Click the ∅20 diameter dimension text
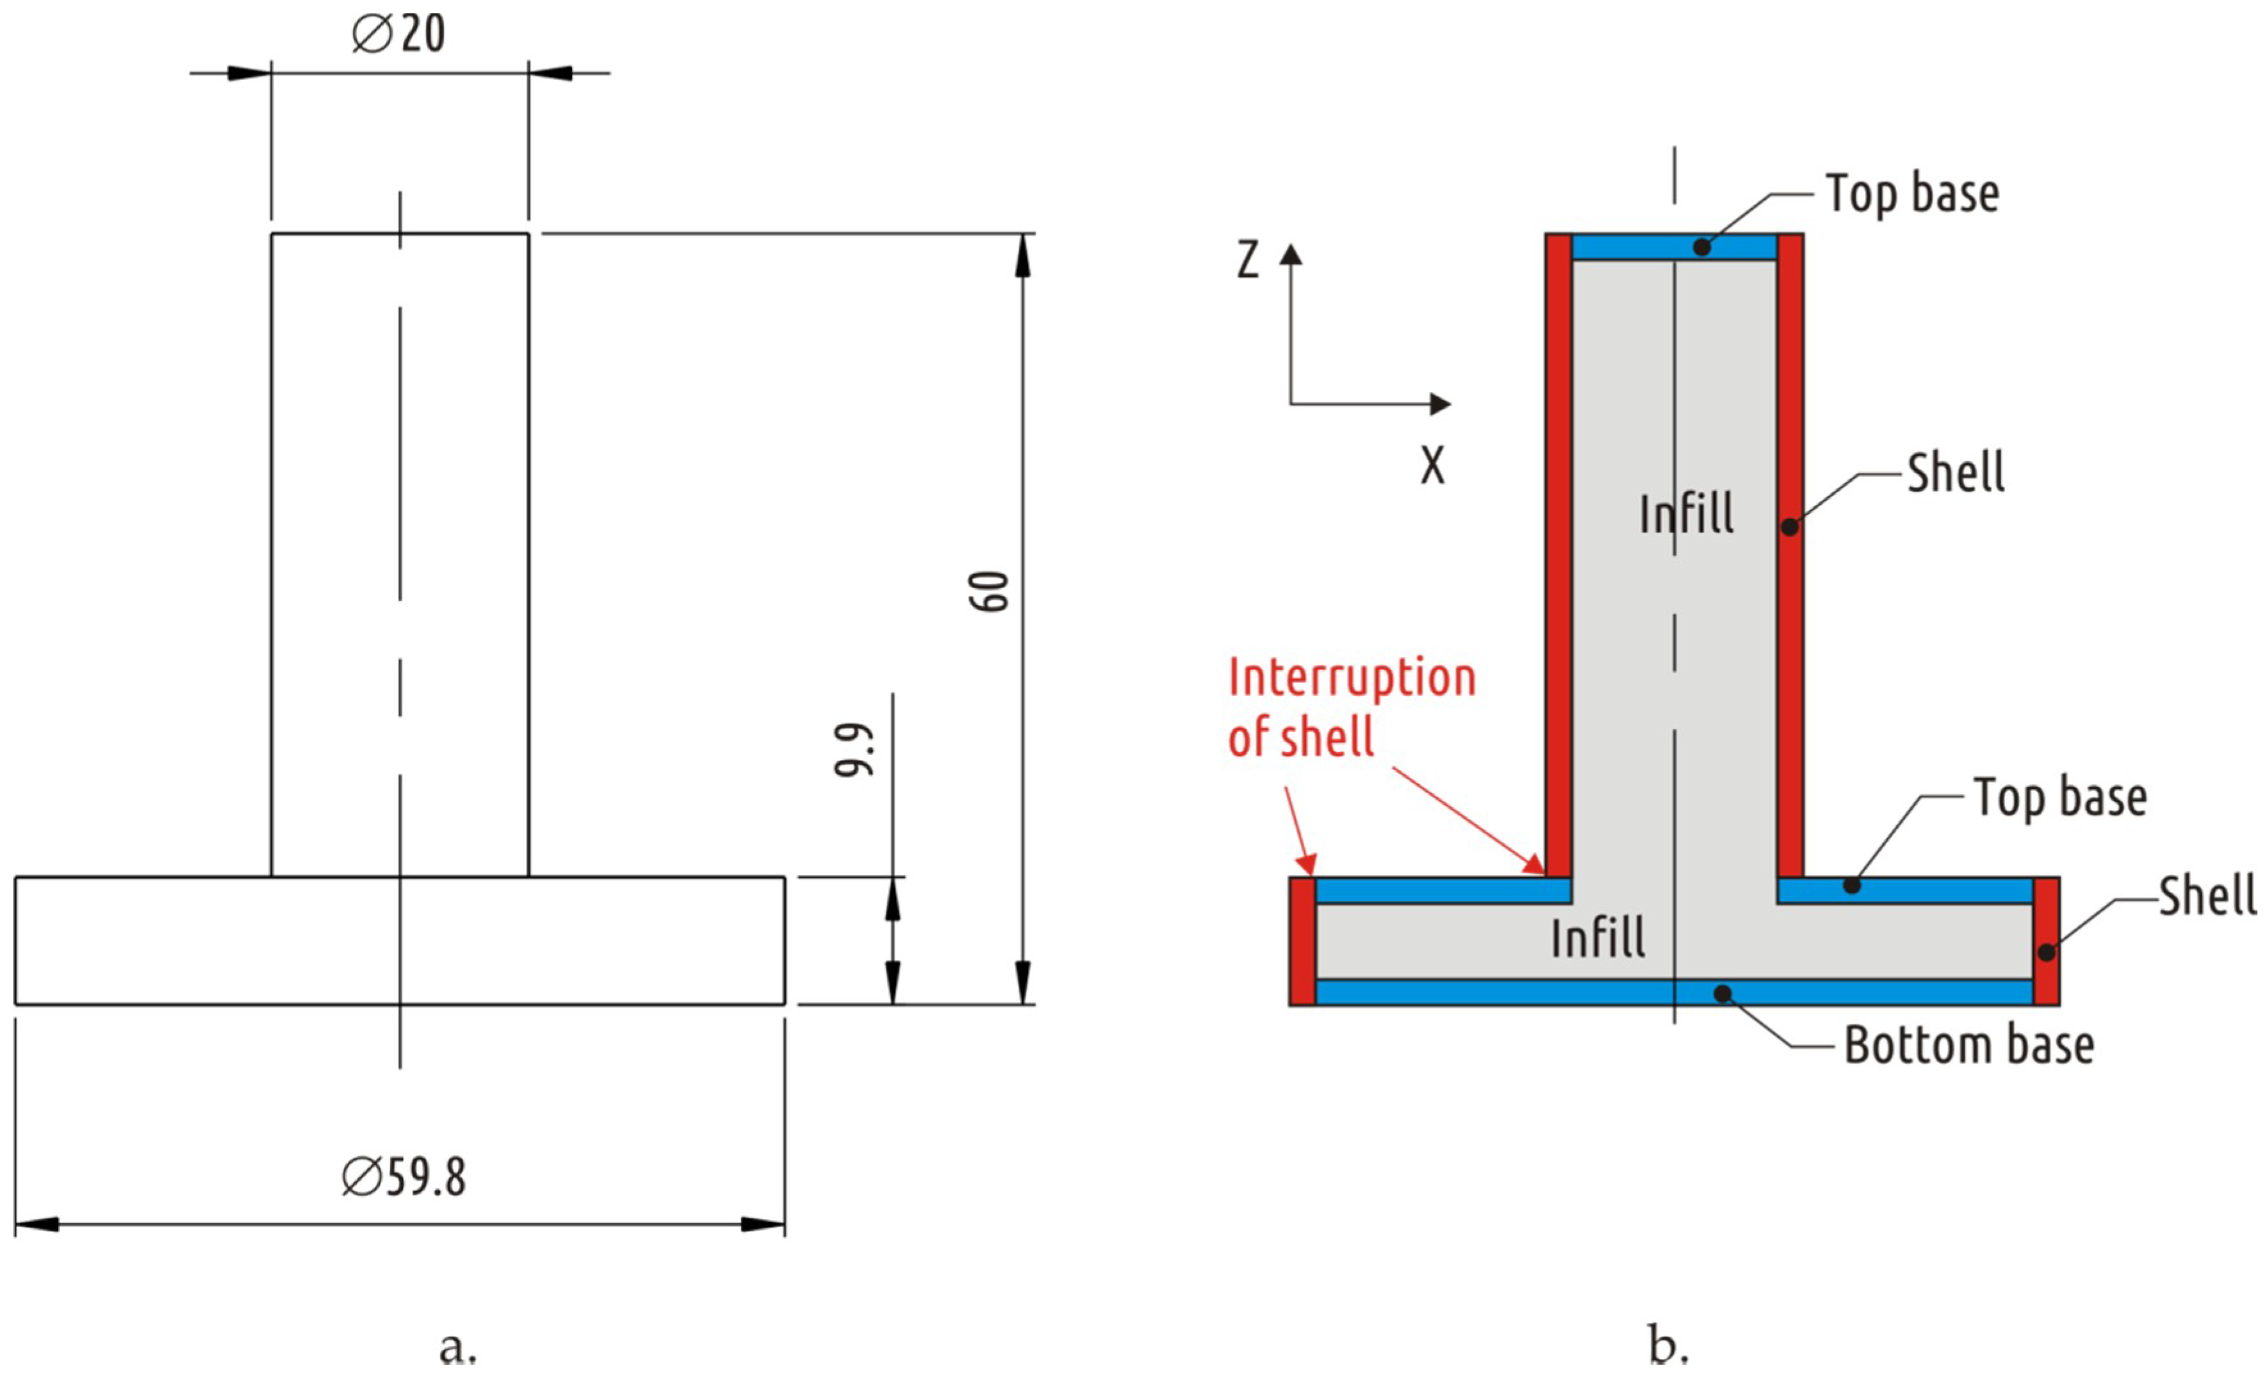click(x=398, y=34)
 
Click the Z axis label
click(x=1248, y=259)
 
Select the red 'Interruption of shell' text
click(x=1350, y=707)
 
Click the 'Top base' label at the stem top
click(x=1912, y=193)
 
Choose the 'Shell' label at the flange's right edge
click(x=2206, y=895)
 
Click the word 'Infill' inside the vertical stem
click(x=1687, y=513)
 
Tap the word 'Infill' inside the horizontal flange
click(x=1598, y=939)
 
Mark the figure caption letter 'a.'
click(x=457, y=1347)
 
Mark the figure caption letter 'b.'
click(x=1668, y=1345)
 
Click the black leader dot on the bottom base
click(x=1723, y=994)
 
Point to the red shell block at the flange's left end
click(x=1302, y=941)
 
